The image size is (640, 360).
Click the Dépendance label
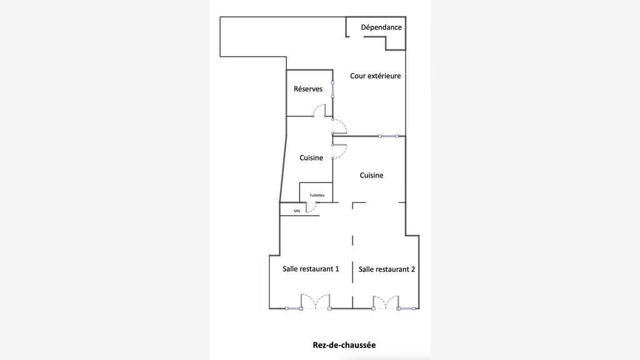pyautogui.click(x=381, y=27)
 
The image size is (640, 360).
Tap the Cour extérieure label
pyautogui.click(x=376, y=76)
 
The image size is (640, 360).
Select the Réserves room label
pyautogui.click(x=308, y=89)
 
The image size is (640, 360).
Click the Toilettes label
pyautogui.click(x=317, y=196)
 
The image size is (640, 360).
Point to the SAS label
pyautogui.click(x=297, y=211)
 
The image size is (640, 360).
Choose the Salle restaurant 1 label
pyautogui.click(x=311, y=269)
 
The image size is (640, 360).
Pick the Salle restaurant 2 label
pyautogui.click(x=387, y=269)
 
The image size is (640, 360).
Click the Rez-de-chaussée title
pyautogui.click(x=344, y=345)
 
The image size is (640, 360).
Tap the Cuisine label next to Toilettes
pyautogui.click(x=311, y=158)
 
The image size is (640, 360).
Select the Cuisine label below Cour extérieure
pyautogui.click(x=371, y=176)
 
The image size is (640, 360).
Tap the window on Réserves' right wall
pyautogui.click(x=332, y=89)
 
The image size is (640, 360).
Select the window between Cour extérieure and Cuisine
pyautogui.click(x=388, y=136)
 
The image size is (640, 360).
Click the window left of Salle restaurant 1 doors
pyautogui.click(x=293, y=309)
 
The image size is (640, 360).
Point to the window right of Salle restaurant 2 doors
pyautogui.click(x=406, y=309)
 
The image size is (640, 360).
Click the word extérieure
pyautogui.click(x=384, y=76)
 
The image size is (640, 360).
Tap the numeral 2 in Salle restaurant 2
pyautogui.click(x=413, y=269)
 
